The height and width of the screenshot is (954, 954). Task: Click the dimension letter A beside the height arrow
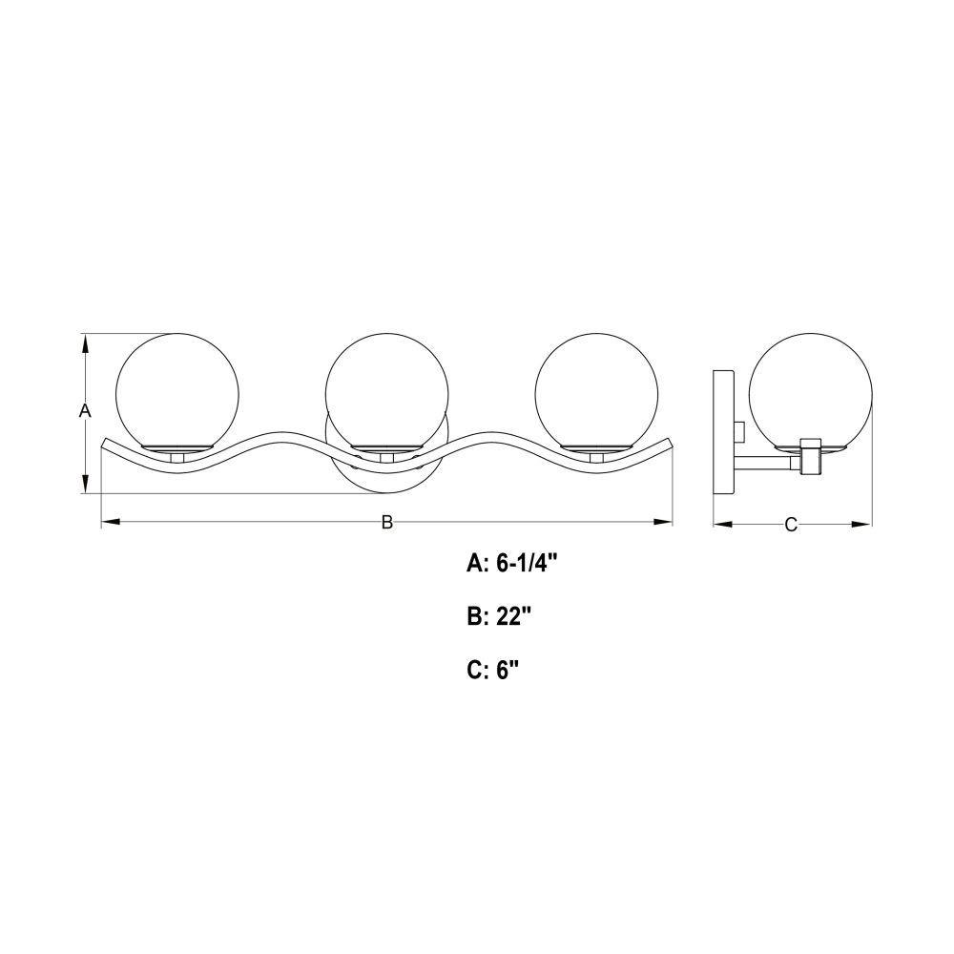coord(85,410)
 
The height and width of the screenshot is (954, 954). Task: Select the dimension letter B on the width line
coord(387,522)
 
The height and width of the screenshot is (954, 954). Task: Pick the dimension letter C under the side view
coord(791,525)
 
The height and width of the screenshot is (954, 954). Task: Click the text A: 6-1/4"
coord(511,564)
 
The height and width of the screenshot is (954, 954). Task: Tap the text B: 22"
coord(500,617)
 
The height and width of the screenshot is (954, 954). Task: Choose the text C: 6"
coord(493,670)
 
